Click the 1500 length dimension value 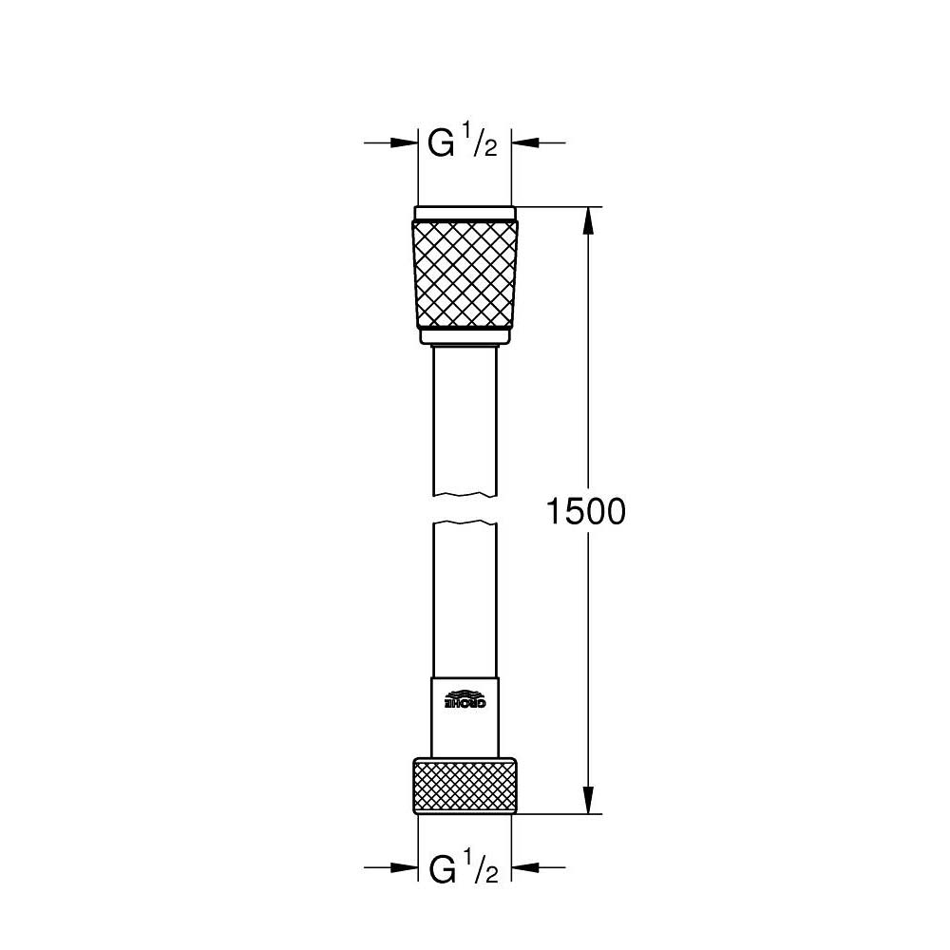point(586,512)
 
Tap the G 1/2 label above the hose point(464,143)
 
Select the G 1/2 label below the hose point(464,868)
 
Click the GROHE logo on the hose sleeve point(465,700)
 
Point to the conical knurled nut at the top point(465,272)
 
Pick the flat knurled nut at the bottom point(465,784)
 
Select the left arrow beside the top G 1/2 point(405,143)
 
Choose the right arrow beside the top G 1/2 point(526,143)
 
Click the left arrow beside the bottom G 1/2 point(405,867)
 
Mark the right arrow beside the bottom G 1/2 point(526,867)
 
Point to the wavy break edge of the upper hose point(465,494)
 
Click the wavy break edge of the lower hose point(465,522)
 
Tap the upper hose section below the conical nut point(465,418)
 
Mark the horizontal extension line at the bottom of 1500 point(560,814)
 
